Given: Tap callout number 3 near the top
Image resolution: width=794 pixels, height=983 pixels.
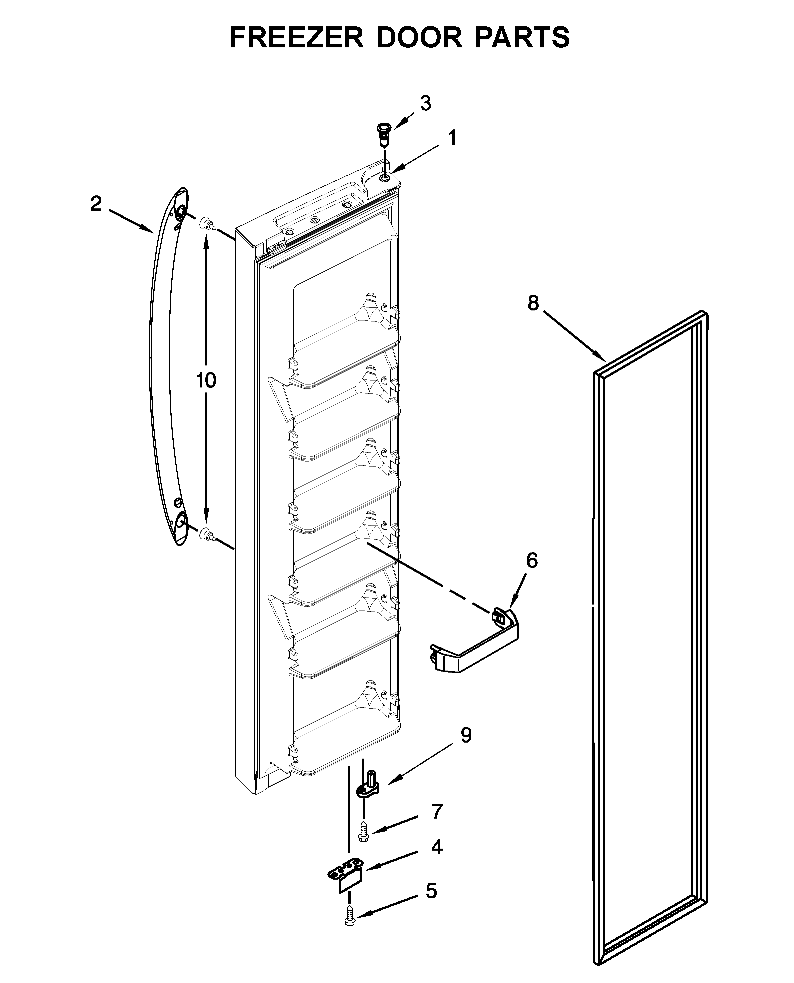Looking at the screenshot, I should (425, 104).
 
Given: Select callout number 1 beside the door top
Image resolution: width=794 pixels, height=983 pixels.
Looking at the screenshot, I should (452, 138).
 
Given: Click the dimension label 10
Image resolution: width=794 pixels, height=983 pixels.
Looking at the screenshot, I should (206, 380).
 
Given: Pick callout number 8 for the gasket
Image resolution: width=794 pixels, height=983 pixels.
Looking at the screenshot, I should (533, 303).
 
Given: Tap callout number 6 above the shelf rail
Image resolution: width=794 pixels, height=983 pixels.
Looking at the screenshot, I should (531, 560).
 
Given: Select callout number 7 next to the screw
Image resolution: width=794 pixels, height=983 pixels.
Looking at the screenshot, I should (437, 812).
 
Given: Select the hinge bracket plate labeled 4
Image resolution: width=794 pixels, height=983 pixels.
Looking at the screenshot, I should (346, 877).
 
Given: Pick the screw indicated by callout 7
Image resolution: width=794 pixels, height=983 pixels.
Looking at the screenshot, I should (364, 830).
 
